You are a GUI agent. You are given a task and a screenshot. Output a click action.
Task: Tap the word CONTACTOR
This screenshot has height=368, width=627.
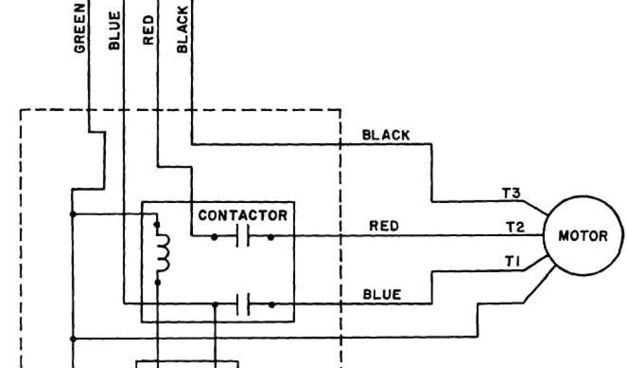tap(242, 215)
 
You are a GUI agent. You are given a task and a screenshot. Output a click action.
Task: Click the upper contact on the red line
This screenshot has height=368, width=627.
tap(243, 236)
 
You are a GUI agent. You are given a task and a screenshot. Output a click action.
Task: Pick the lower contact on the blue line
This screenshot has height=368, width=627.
tap(243, 304)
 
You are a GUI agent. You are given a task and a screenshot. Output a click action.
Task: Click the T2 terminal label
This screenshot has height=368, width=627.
tap(515, 227)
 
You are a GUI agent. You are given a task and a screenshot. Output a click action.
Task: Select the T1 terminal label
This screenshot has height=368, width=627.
tap(511, 262)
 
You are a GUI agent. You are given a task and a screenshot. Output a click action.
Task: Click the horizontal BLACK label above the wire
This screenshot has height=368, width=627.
tap(386, 135)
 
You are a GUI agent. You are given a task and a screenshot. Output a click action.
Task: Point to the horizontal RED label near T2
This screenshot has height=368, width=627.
tap(384, 226)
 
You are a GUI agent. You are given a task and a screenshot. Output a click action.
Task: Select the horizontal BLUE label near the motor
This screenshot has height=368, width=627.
tap(382, 294)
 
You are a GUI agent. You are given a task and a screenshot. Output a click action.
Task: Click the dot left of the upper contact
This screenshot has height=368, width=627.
tap(214, 236)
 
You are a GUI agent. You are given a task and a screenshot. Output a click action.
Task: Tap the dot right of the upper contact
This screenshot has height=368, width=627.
tap(271, 236)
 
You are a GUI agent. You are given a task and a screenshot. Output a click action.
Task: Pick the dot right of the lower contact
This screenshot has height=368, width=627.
tap(271, 304)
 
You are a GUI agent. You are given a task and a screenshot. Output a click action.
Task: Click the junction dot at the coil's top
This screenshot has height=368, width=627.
tap(157, 225)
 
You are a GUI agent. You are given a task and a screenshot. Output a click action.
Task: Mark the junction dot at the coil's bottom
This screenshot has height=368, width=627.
tap(157, 282)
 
